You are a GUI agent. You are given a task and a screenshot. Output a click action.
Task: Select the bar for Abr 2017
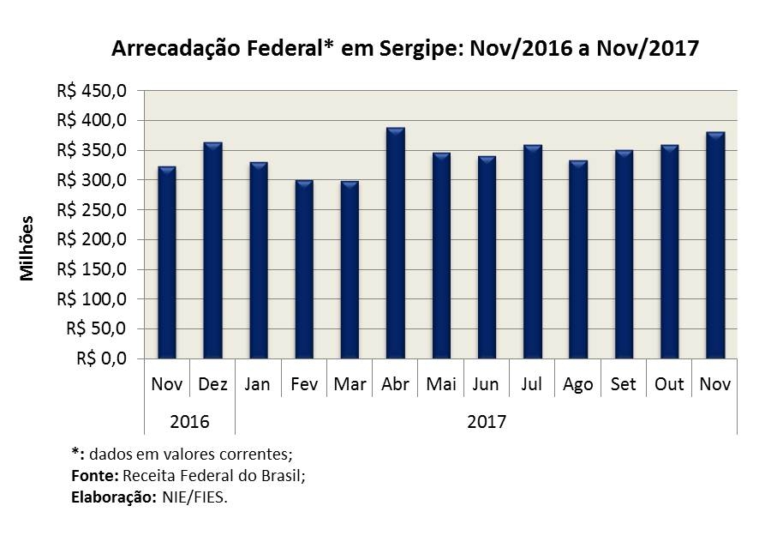pos(395,244)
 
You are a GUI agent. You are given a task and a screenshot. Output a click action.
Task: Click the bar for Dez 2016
pos(212,250)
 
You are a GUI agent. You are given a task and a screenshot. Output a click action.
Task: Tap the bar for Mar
pos(350,270)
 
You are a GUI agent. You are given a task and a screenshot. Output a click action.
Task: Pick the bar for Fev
pos(303,269)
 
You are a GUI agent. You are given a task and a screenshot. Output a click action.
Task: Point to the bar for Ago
pos(578,260)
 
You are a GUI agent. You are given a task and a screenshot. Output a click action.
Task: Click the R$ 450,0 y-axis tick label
pos(93,91)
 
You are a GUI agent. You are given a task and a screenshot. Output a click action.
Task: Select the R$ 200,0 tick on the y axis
pos(93,239)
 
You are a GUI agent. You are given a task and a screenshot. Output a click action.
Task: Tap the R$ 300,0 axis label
pos(93,180)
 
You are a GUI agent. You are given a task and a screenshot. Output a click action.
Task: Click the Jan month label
pos(257,384)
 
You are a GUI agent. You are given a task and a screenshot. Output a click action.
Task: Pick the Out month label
pos(669,384)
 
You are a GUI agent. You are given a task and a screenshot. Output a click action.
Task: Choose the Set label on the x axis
pos(624,384)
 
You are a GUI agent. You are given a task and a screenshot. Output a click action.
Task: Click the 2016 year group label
pos(189,422)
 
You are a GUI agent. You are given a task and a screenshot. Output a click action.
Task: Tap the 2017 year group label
pos(487,422)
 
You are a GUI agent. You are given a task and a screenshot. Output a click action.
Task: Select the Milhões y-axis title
pos(27,247)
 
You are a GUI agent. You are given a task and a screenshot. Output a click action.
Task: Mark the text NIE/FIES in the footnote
pos(194,496)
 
